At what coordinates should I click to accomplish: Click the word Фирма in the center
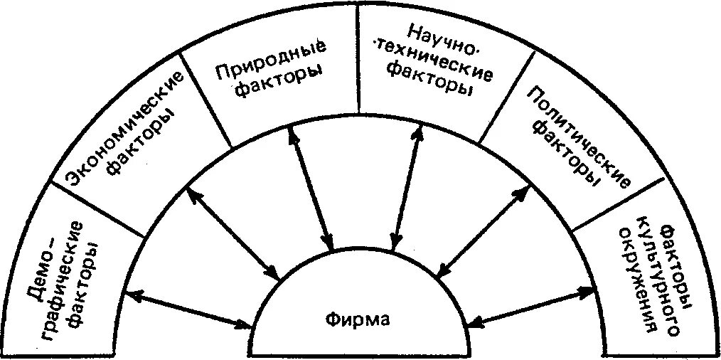pyautogui.click(x=359, y=320)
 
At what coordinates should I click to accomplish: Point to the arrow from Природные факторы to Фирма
pyautogui.click(x=310, y=189)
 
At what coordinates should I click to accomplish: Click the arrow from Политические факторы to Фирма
pyautogui.click(x=483, y=228)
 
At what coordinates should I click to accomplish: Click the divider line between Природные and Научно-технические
pyautogui.click(x=357, y=64)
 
